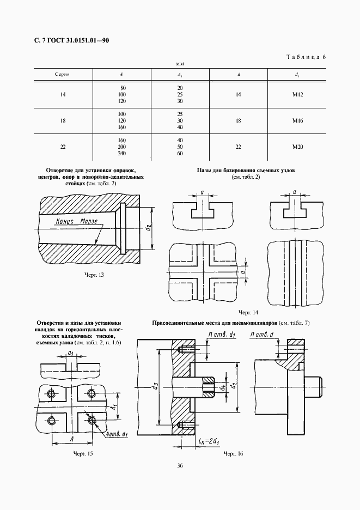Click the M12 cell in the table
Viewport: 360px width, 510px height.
tap(297, 95)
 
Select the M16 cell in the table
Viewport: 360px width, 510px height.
tap(297, 120)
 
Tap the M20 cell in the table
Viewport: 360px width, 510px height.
tap(297, 146)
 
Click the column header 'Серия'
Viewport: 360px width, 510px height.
tap(63, 74)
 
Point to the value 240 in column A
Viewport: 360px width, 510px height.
tap(122, 153)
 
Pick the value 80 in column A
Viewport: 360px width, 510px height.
tap(123, 88)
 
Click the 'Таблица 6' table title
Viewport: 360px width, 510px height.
tap(306, 57)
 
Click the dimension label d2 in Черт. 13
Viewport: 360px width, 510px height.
tap(148, 228)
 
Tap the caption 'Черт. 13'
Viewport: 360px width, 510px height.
tap(94, 275)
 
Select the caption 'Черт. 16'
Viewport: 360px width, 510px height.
tap(233, 453)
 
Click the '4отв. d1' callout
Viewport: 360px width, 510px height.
tap(117, 434)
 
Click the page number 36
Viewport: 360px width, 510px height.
tap(180, 465)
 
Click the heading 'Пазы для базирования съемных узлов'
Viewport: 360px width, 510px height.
tap(246, 171)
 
